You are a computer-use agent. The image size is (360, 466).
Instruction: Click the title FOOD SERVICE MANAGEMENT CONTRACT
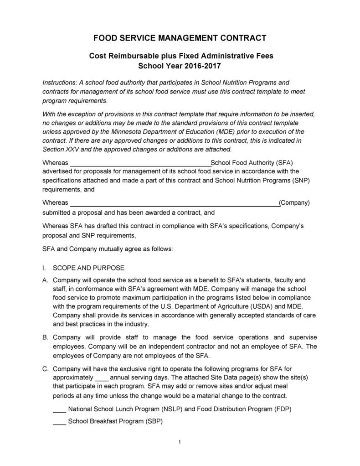pyautogui.click(x=180, y=37)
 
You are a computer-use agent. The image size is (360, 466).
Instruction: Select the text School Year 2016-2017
pyautogui.click(x=180, y=66)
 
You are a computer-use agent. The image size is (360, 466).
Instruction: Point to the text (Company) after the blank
pyautogui.click(x=294, y=203)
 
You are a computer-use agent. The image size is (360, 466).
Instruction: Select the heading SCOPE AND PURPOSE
pyautogui.click(x=88, y=268)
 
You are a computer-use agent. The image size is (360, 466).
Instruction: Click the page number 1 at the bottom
pyautogui.click(x=180, y=442)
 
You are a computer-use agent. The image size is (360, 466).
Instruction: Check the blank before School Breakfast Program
pyautogui.click(x=59, y=422)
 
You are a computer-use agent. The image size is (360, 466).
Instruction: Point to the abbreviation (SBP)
pyautogui.click(x=154, y=422)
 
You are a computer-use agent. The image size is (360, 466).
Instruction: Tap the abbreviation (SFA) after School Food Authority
pyautogui.click(x=283, y=163)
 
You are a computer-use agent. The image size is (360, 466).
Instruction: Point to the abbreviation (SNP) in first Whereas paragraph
pyautogui.click(x=300, y=180)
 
